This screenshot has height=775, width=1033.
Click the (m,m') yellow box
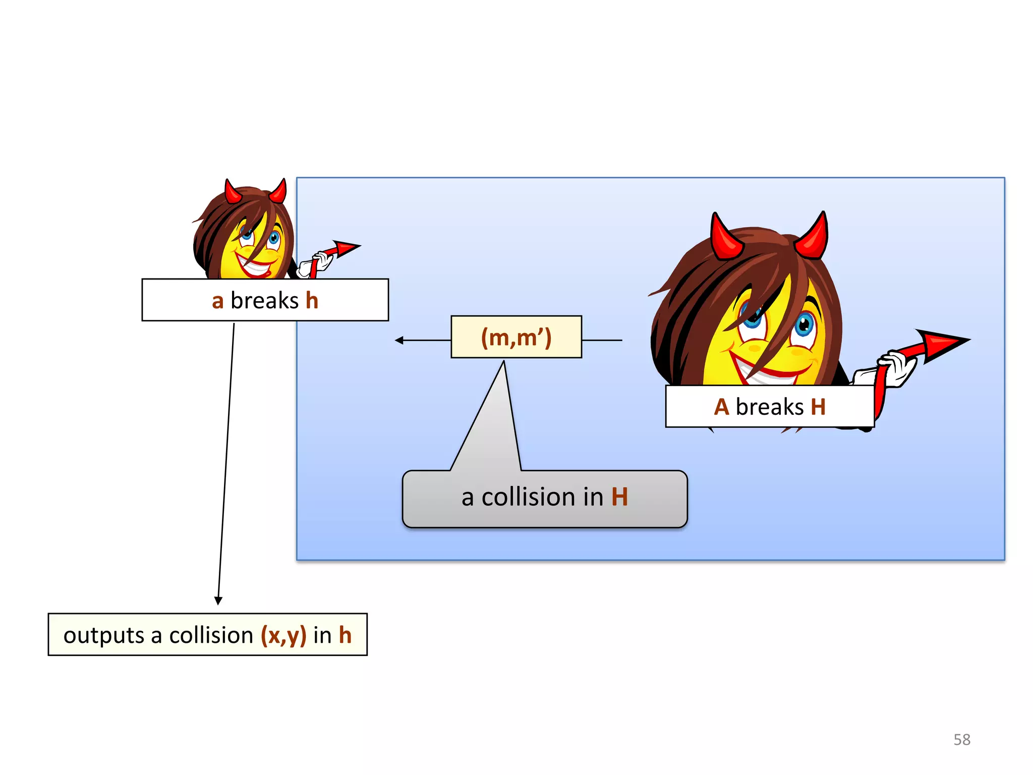tap(516, 337)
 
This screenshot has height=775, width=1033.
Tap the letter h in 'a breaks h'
tap(312, 301)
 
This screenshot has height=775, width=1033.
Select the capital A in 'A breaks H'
tap(721, 407)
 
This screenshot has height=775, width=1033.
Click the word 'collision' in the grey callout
tap(528, 497)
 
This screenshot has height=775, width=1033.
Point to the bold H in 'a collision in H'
tap(619, 497)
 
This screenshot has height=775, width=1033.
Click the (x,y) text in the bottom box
tap(283, 635)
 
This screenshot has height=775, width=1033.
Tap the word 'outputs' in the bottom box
tap(103, 635)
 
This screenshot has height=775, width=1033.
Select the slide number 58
tap(961, 740)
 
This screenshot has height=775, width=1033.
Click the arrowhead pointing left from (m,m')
tap(399, 341)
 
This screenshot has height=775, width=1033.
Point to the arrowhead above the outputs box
tap(218, 600)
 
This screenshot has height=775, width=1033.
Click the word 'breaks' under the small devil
tap(264, 301)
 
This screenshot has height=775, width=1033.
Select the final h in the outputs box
tap(345, 635)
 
